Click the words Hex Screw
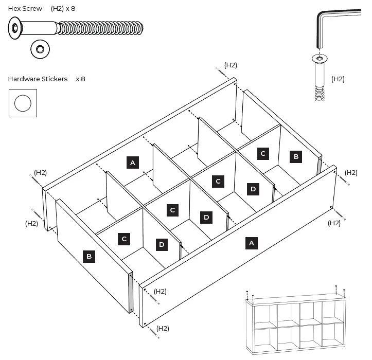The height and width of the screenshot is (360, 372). pyautogui.click(x=25, y=9)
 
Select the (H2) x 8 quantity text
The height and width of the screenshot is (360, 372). pyautogui.click(x=63, y=9)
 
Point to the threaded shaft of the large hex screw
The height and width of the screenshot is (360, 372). pyautogui.click(x=100, y=28)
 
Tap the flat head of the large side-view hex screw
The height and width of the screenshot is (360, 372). pyautogui.click(x=15, y=28)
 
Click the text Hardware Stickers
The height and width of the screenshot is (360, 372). pyautogui.click(x=38, y=79)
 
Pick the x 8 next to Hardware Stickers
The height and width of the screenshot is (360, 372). pyautogui.click(x=80, y=79)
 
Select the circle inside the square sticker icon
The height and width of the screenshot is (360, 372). pyautogui.click(x=23, y=103)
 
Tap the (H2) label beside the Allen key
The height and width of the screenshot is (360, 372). pyautogui.click(x=338, y=79)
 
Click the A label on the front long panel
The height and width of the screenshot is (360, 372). pyautogui.click(x=251, y=243)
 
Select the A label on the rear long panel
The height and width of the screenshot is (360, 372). pyautogui.click(x=133, y=163)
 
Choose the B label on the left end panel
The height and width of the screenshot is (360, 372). pyautogui.click(x=89, y=256)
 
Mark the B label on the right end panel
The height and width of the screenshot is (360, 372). pyautogui.click(x=295, y=157)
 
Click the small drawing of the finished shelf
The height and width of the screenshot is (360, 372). pyautogui.click(x=297, y=322)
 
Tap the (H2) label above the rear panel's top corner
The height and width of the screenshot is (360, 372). pyautogui.click(x=231, y=65)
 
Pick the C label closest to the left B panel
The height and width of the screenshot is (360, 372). pyautogui.click(x=123, y=239)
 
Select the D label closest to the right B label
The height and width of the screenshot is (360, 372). pyautogui.click(x=253, y=189)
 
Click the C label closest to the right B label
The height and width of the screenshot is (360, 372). pyautogui.click(x=263, y=153)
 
